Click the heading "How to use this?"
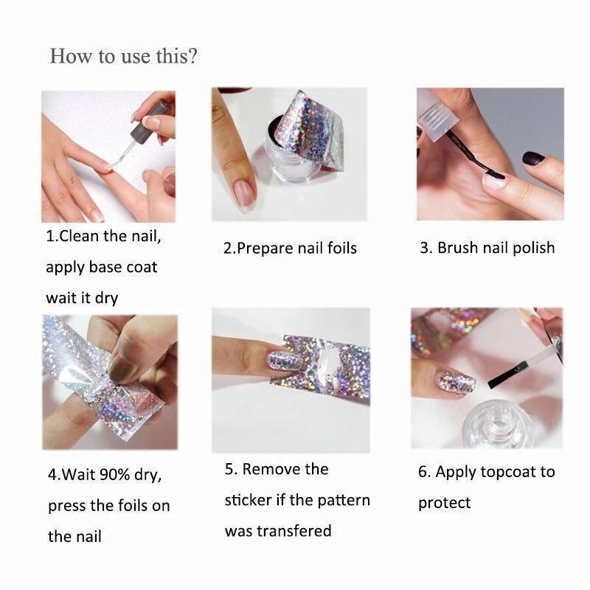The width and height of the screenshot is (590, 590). [123, 57]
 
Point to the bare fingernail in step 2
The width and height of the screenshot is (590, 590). [245, 192]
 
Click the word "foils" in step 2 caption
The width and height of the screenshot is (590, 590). [342, 249]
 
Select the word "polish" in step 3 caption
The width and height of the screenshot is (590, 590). [533, 249]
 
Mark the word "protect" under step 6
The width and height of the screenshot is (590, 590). [445, 504]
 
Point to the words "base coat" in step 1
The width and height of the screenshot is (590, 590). [123, 267]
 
